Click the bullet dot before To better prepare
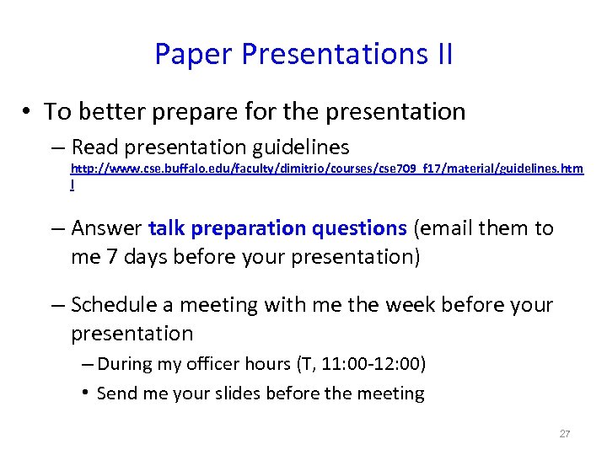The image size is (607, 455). tap(28, 112)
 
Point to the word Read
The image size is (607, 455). tap(95, 147)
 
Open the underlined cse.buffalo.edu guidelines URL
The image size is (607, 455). tap(325, 169)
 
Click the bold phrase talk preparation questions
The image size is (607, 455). tap(277, 228)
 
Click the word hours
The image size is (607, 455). tap(266, 364)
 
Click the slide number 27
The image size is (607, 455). tap(565, 434)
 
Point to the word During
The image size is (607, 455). tap(125, 364)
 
